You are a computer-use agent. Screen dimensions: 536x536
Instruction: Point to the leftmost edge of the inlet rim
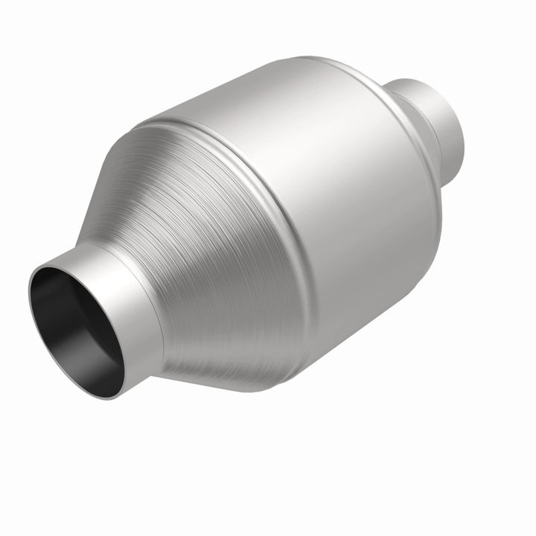pyautogui.click(x=29, y=298)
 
